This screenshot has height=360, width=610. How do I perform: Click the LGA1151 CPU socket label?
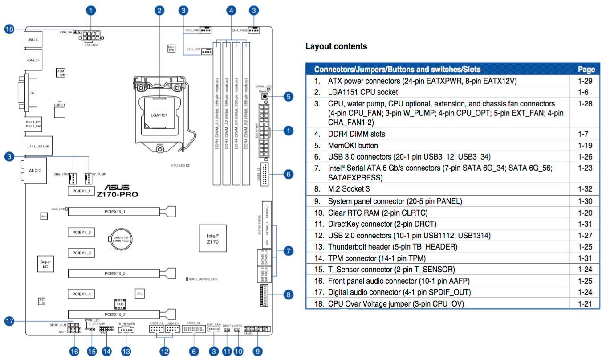[x=159, y=115]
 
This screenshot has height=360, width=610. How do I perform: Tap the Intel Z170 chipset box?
[x=213, y=238]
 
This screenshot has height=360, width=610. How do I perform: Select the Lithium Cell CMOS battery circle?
[x=122, y=240]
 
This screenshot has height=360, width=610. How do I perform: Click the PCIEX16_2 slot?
[x=115, y=273]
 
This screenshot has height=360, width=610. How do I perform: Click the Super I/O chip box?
[x=45, y=263]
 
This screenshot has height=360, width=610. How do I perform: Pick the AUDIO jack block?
[x=35, y=170]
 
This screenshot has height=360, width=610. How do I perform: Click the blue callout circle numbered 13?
[x=126, y=351]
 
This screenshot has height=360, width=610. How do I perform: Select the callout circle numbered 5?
[x=289, y=96]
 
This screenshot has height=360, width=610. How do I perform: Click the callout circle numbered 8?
[x=289, y=294]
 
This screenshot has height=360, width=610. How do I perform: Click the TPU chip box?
[x=139, y=294]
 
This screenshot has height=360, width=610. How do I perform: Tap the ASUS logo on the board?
[x=117, y=188]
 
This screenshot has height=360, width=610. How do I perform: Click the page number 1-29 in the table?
[x=586, y=81]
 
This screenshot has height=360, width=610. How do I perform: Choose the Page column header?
[x=586, y=69]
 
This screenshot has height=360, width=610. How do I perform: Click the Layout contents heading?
[x=336, y=46]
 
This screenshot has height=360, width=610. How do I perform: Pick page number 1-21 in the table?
[x=586, y=303]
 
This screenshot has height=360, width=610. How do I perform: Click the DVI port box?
[x=33, y=94]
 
